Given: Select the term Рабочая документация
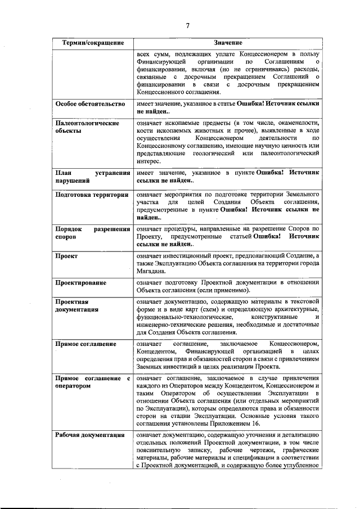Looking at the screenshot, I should tap(89, 435).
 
